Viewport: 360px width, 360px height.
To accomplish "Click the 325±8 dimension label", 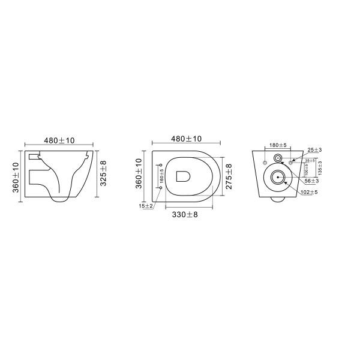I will [x=104, y=173].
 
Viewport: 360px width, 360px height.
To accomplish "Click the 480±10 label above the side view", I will [x=59, y=140].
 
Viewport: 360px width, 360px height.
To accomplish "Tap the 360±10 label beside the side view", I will [x=16, y=178].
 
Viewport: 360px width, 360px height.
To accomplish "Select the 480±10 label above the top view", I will [x=187, y=139].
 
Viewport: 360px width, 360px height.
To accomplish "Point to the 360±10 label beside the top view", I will [x=139, y=175].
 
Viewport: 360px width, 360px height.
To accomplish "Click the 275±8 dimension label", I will [x=229, y=175].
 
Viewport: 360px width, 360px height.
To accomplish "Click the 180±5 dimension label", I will [x=278, y=145].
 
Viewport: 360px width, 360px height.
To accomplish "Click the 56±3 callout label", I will [x=311, y=181].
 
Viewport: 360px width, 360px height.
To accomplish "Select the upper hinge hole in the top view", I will [x=161, y=166].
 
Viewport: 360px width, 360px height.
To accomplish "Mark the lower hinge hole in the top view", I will [x=161, y=187].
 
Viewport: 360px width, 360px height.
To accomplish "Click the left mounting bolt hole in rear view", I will [x=265, y=163].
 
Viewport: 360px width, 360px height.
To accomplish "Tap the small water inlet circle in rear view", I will [x=278, y=158].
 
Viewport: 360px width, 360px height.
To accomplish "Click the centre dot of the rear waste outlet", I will [x=278, y=177].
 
